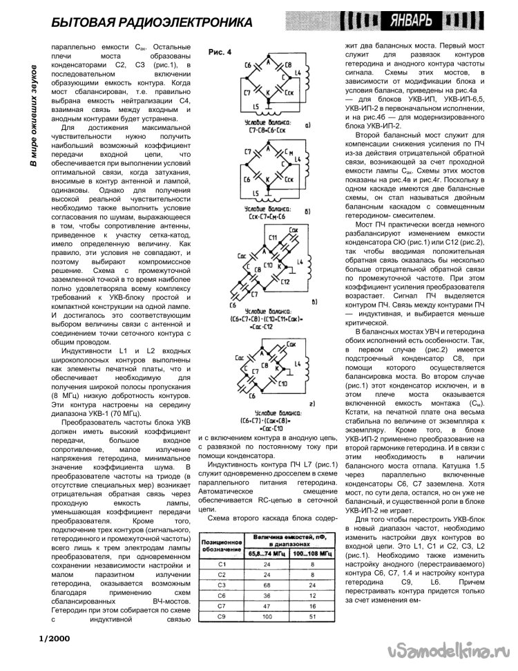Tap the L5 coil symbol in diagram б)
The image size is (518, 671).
pyautogui.click(x=256, y=192)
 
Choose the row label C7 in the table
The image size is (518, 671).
pyautogui.click(x=220, y=605)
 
